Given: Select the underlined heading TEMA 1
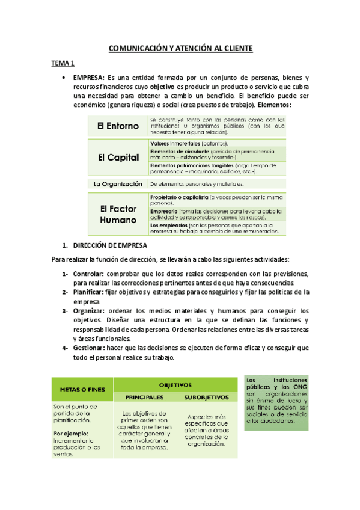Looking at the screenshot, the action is point(61,63).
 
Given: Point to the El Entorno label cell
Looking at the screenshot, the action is point(118,126).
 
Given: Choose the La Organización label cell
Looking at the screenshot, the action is point(118,183).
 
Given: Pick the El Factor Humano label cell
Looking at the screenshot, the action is point(118,215).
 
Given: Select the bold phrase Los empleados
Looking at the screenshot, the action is point(169,224).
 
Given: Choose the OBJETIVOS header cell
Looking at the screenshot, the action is point(175,384).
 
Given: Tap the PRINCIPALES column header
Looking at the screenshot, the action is point(145,397).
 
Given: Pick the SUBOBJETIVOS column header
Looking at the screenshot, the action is point(206,397).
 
